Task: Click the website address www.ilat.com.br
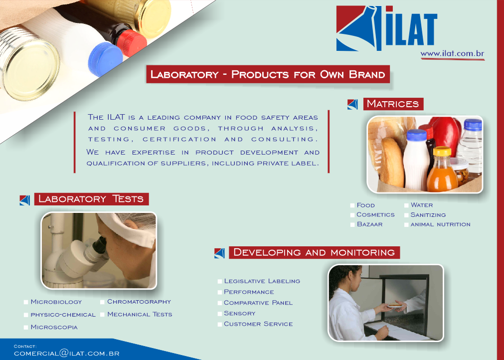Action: coord(452,53)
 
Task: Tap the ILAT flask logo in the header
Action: coord(359,28)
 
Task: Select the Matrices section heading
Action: coord(393,104)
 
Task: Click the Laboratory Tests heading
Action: coord(91,199)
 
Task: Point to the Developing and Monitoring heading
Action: coord(314,252)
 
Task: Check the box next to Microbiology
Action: coord(26,302)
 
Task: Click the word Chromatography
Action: coord(139,302)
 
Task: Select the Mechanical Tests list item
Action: coord(140,314)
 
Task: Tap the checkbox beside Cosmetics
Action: coord(352,215)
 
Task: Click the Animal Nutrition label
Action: coord(440,224)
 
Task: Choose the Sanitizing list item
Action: coord(428,215)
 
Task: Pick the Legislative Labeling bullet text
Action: coord(262,281)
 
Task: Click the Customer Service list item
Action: coord(258,324)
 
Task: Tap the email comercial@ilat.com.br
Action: coord(66,353)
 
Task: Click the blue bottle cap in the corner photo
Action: coord(105,59)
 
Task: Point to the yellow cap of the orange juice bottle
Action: coord(442,151)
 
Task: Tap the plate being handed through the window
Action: coord(395,305)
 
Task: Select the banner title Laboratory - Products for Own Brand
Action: coord(268,74)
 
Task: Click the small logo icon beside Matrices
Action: coord(352,104)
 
